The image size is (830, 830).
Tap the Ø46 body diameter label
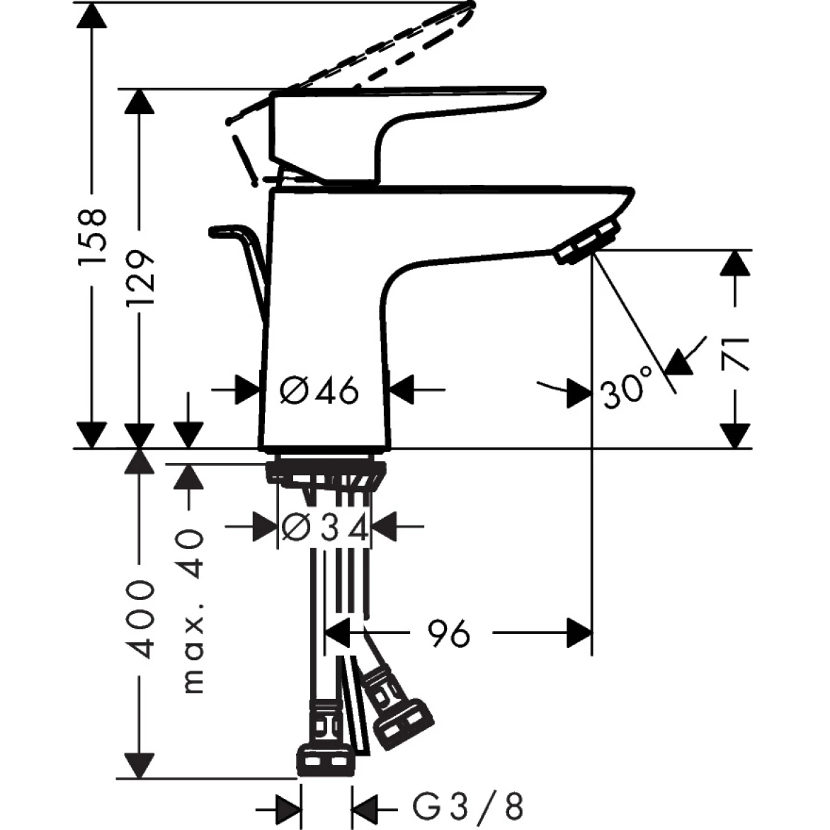(319, 390)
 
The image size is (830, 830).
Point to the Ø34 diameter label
(324, 528)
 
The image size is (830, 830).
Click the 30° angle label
(626, 392)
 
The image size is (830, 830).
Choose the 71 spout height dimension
(737, 353)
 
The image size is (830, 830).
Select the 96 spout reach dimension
(449, 632)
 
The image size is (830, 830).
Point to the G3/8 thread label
(467, 805)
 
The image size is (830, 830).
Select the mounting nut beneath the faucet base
(325, 472)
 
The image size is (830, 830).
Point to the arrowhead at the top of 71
(737, 263)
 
